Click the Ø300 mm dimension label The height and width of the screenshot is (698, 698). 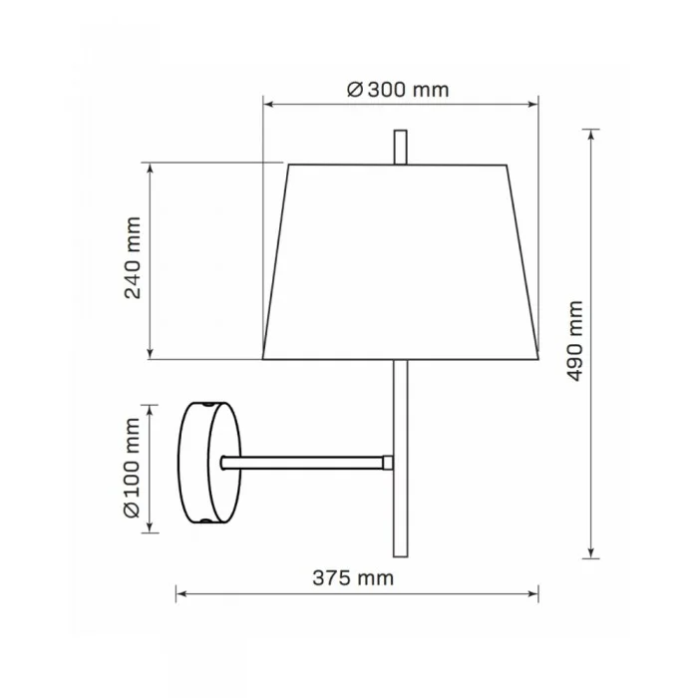coord(398,90)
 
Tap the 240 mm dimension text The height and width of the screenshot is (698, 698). coord(133,258)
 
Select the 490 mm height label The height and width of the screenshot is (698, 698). coord(574,341)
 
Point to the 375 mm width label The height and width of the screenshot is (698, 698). coord(353,578)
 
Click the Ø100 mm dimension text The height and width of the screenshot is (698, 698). coord(133,469)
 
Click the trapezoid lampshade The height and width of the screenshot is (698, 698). coord(400,261)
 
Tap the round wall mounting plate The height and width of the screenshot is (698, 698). coord(209,463)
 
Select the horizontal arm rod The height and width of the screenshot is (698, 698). coord(303,463)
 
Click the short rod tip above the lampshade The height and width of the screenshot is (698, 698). coord(400,148)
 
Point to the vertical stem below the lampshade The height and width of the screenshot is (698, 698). coord(400,459)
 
